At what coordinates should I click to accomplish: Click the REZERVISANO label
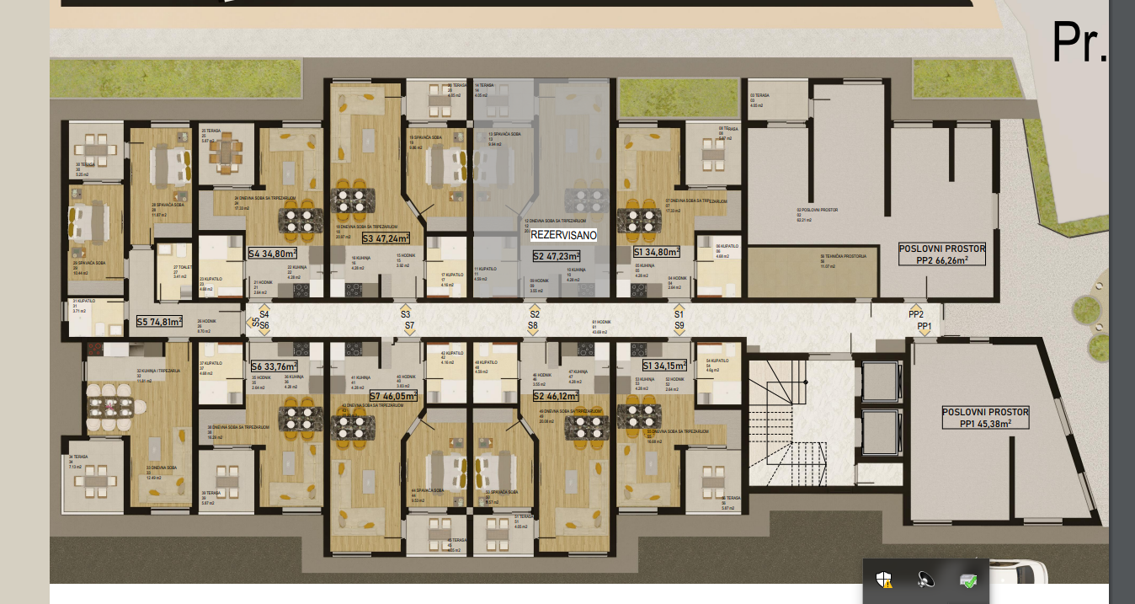click(563, 236)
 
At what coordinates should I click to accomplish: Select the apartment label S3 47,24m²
click(386, 238)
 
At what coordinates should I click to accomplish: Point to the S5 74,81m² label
click(160, 321)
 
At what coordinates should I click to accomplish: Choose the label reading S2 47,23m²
click(557, 256)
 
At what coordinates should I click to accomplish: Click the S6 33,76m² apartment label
click(274, 366)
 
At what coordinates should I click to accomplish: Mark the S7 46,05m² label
click(393, 395)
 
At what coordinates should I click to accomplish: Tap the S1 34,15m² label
click(664, 366)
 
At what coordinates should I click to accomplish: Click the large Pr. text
click(1079, 43)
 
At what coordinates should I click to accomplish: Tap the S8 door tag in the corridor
click(533, 325)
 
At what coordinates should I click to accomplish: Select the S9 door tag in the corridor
click(679, 325)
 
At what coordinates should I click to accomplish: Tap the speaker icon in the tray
click(925, 580)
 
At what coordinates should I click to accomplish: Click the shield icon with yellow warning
click(883, 580)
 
